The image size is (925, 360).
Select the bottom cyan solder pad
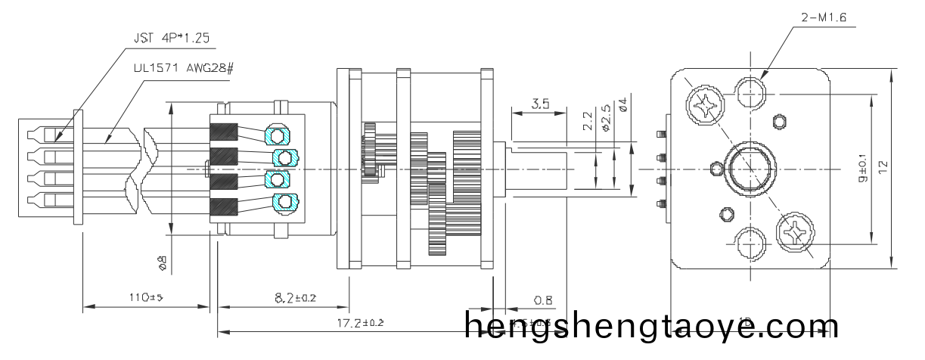[285, 201]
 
